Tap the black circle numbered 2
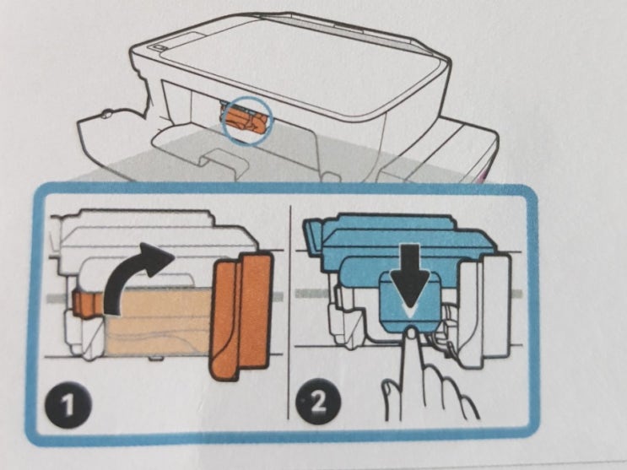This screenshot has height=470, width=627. click(x=318, y=402)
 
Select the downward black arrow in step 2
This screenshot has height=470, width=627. click(x=410, y=280)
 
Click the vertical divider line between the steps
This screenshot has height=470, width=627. click(x=289, y=312)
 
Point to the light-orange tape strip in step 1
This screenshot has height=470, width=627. click(x=158, y=322)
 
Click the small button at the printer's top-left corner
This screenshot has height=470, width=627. click(x=160, y=47)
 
